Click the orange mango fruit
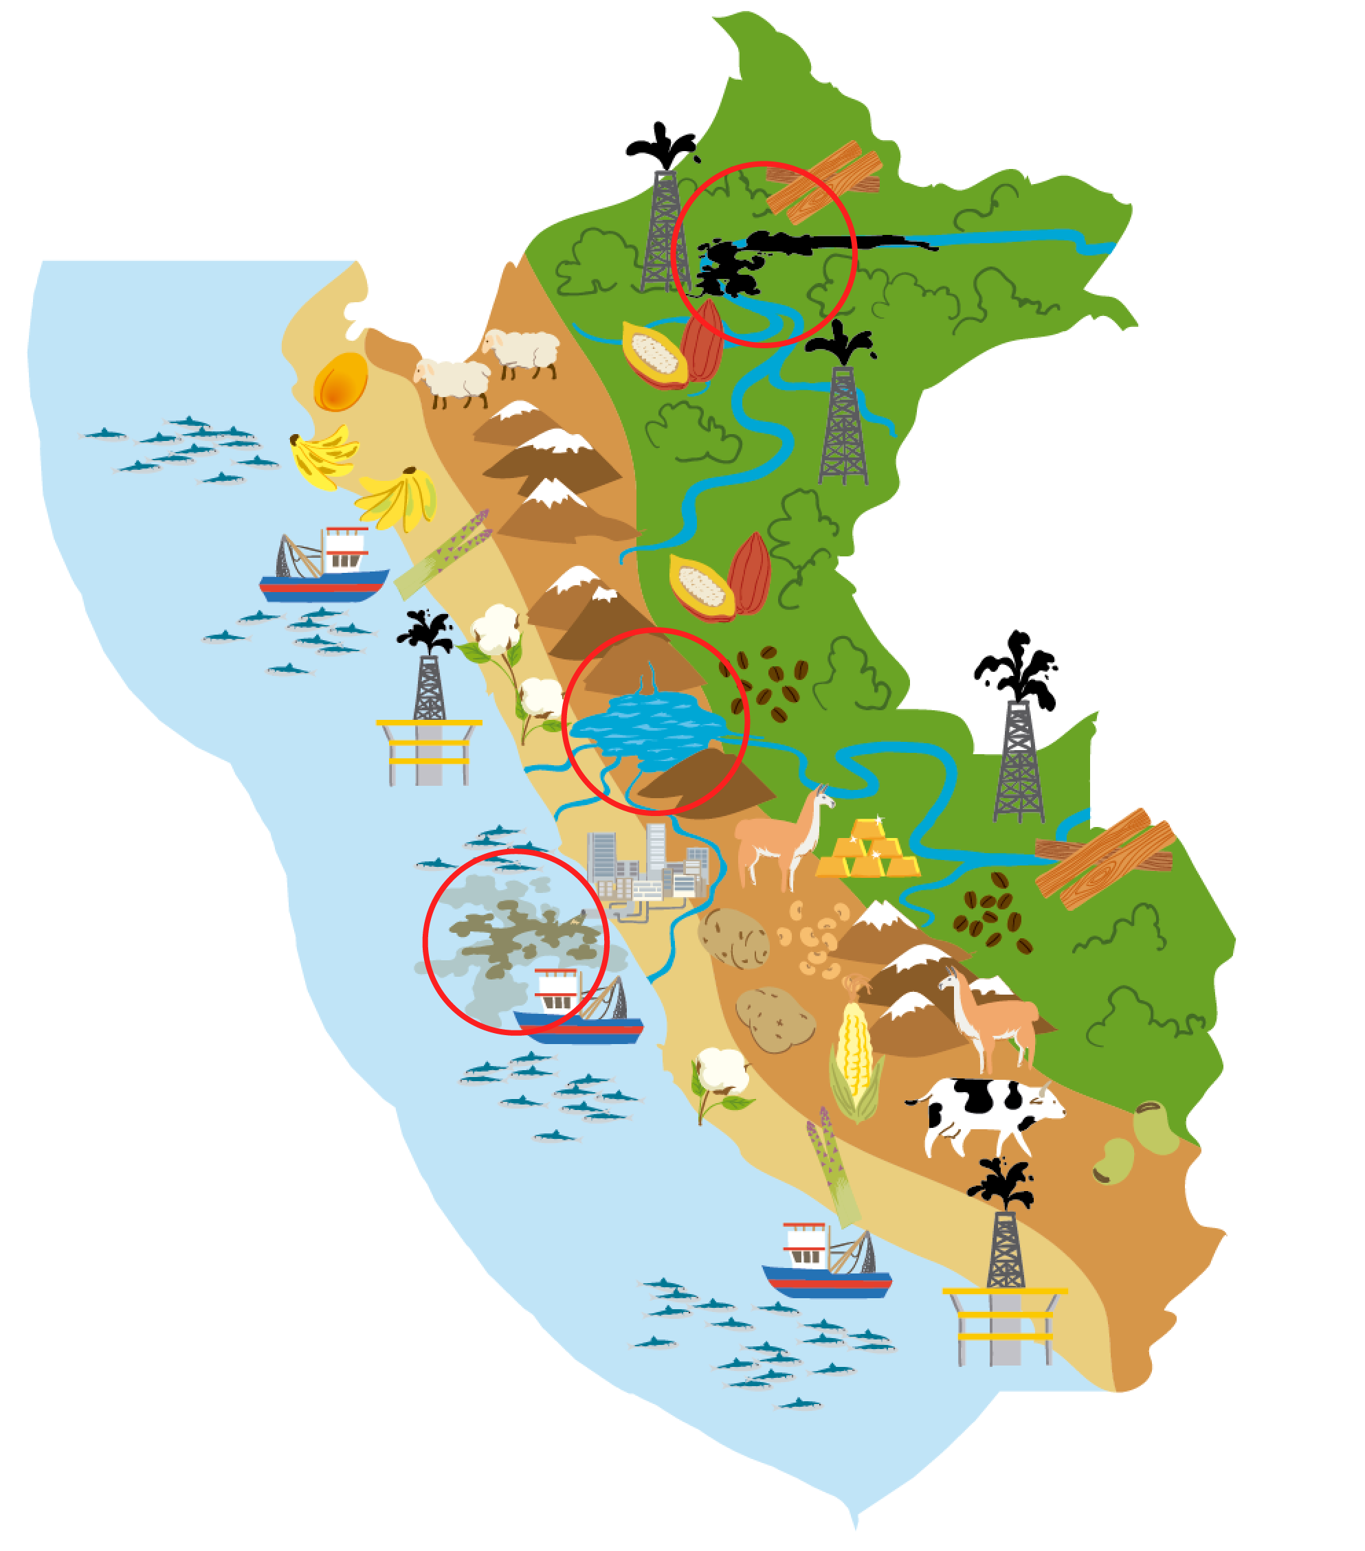(341, 382)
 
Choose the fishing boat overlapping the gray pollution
(577, 1009)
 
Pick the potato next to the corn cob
(775, 1019)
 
